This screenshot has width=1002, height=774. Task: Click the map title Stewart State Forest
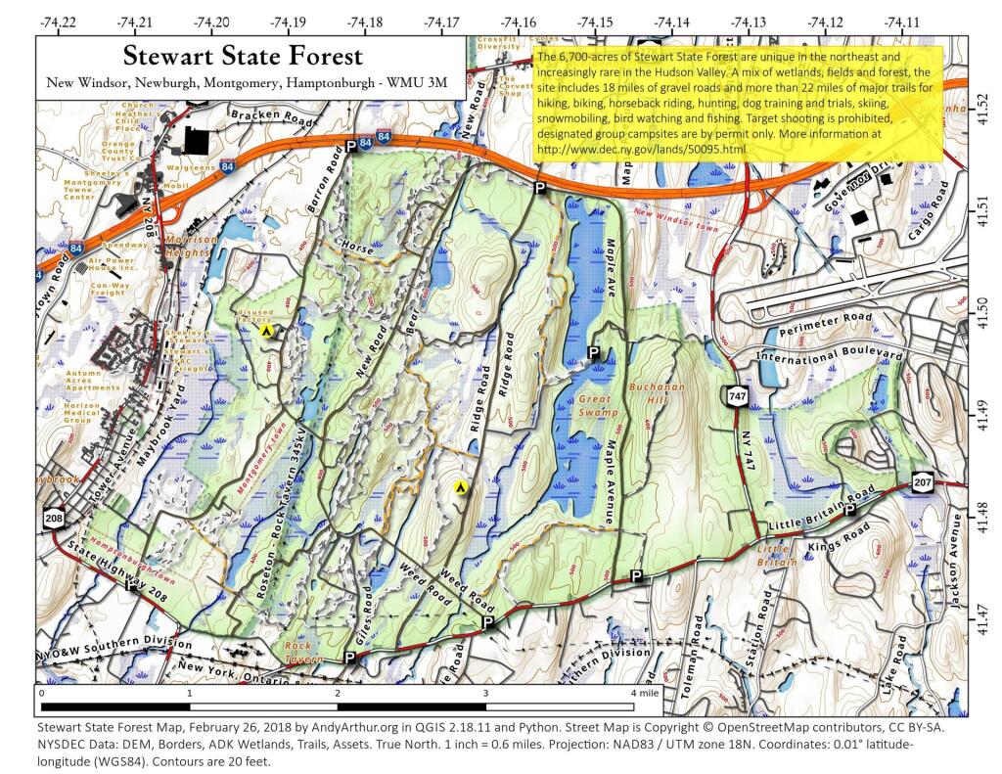tap(244, 57)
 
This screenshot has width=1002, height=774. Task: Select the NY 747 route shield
tap(734, 395)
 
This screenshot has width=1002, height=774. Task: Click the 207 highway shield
tap(922, 481)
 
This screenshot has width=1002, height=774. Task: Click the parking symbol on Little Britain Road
tap(849, 509)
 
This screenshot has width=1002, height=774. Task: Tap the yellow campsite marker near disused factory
tap(265, 331)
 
